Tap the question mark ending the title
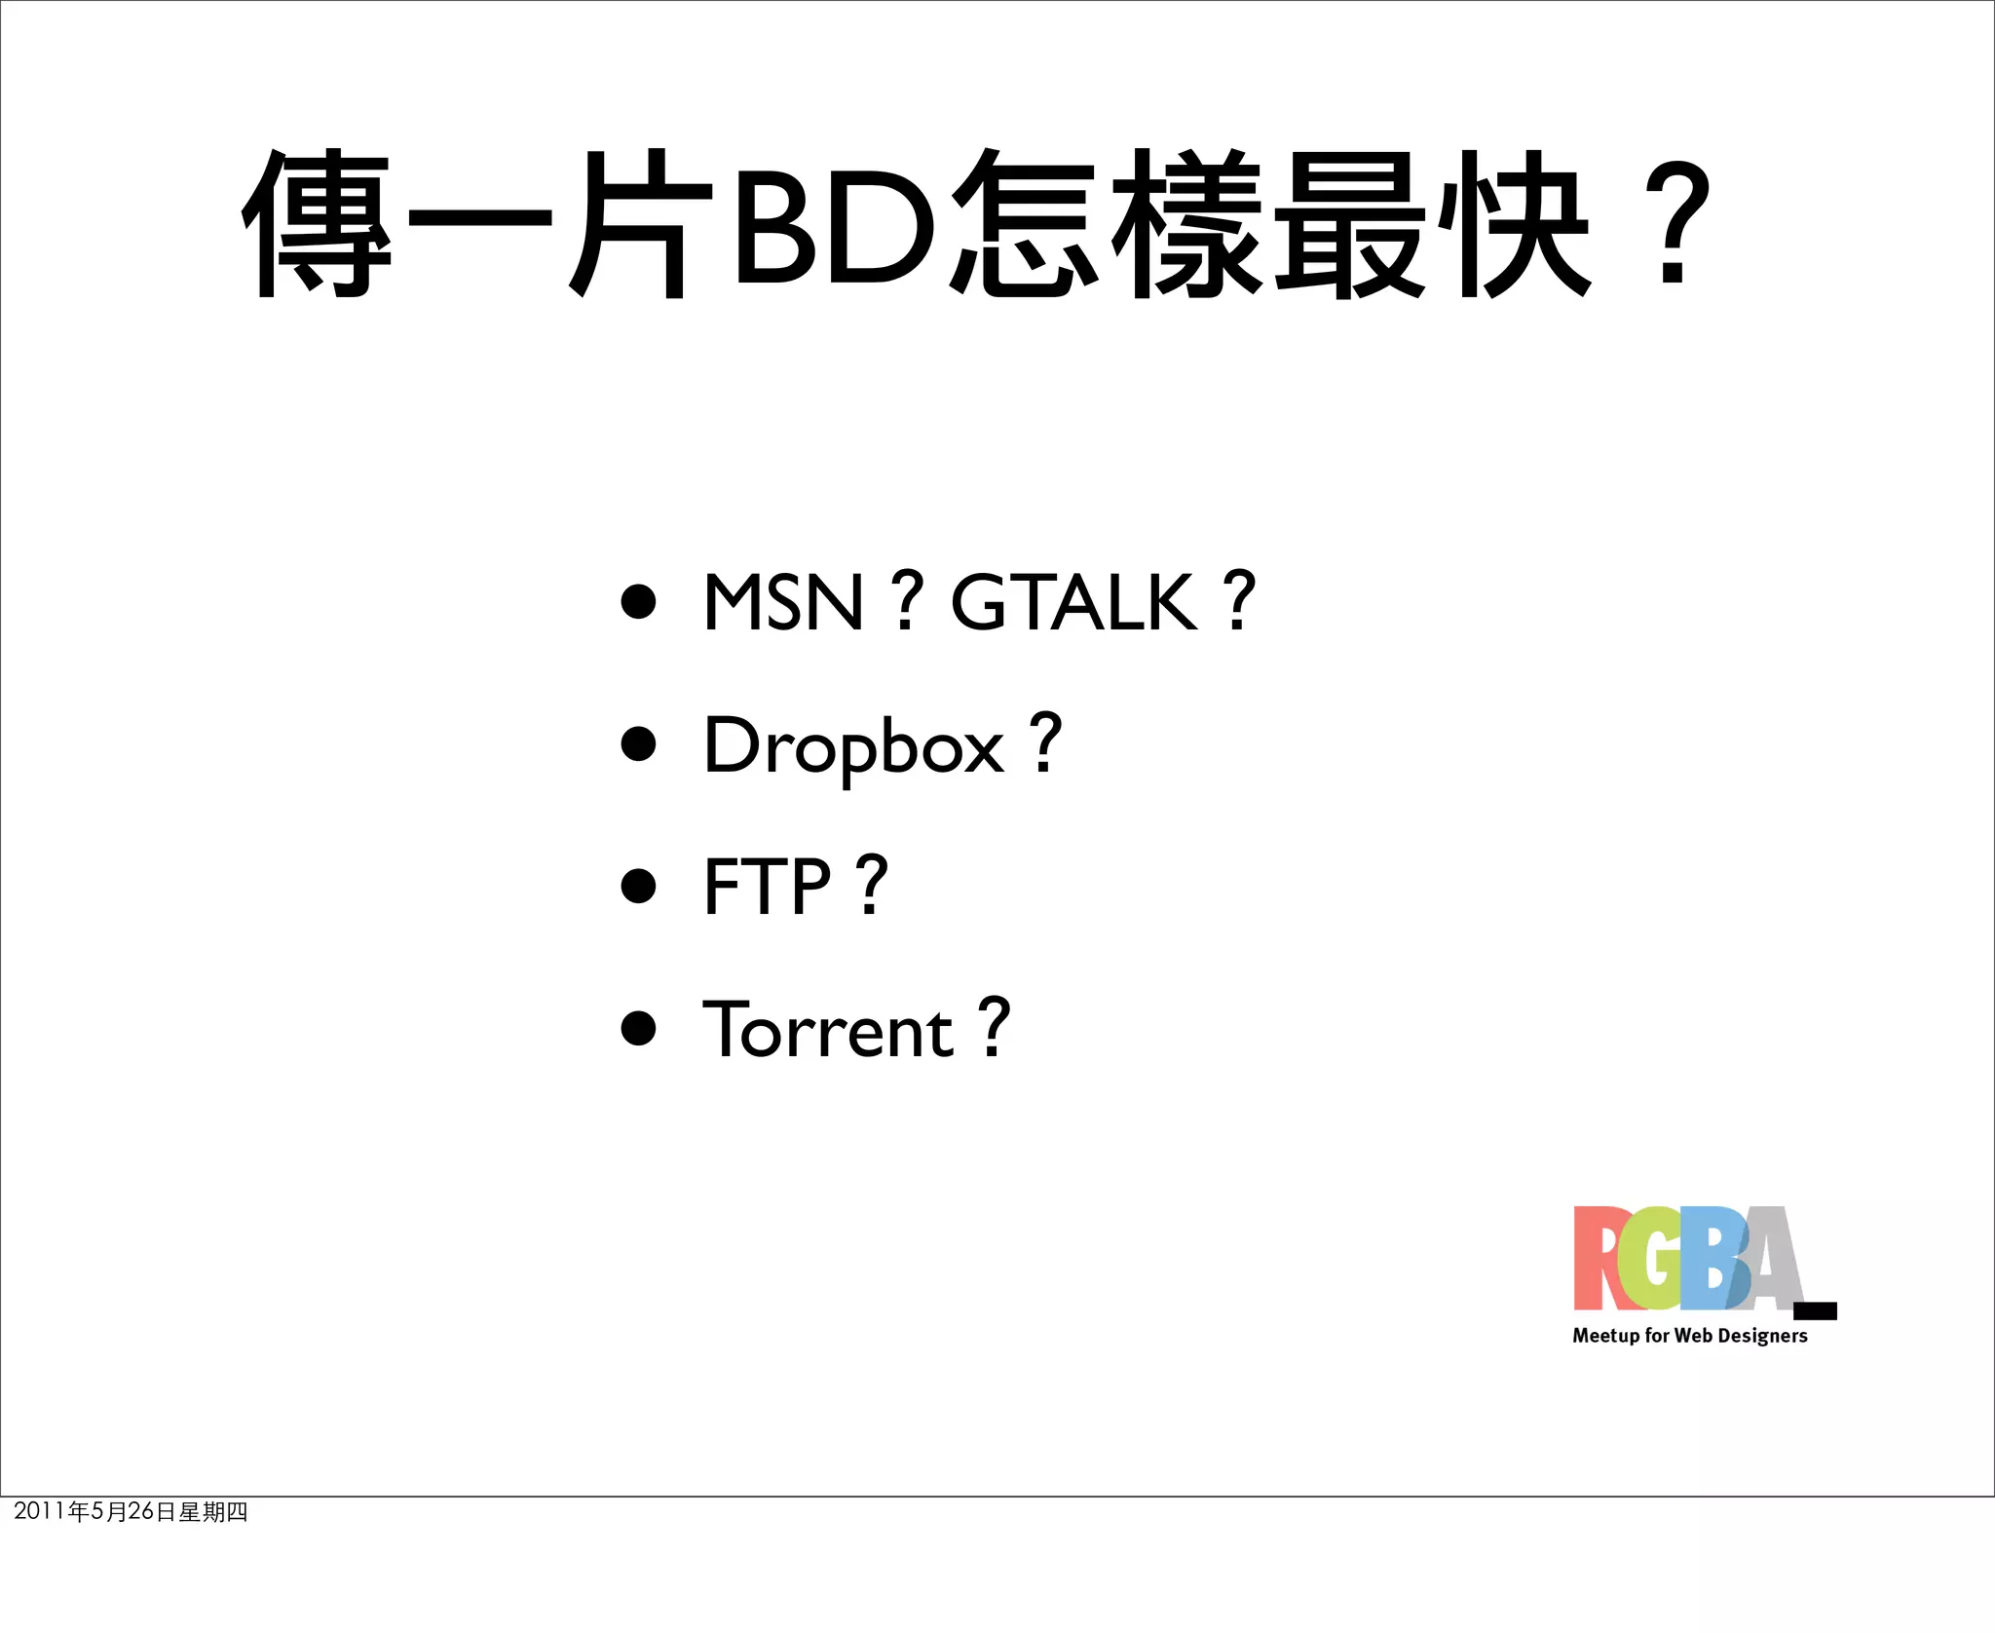click(1674, 226)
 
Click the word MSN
click(783, 602)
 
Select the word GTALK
click(1073, 602)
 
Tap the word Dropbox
click(853, 746)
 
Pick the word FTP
click(767, 887)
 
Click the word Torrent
click(828, 1030)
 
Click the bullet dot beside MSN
click(638, 601)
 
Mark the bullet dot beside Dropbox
click(638, 743)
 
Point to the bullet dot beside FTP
click(638, 886)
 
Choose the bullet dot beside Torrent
click(638, 1028)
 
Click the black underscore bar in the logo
click(1815, 1310)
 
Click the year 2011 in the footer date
click(39, 1511)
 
